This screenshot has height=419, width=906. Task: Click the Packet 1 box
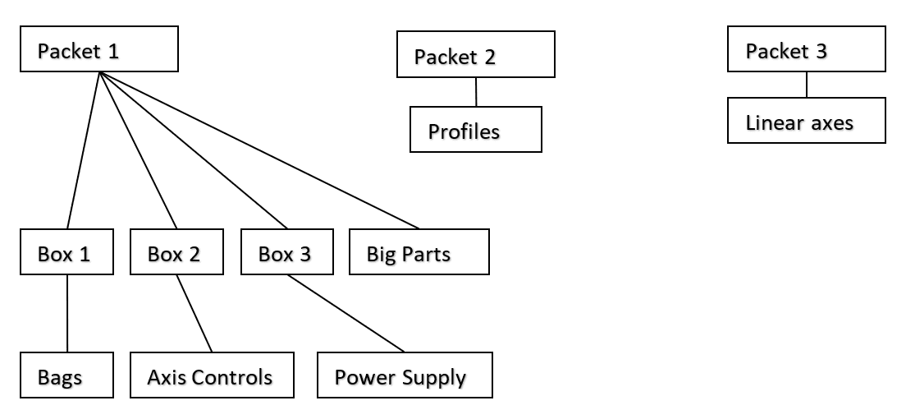pos(98,48)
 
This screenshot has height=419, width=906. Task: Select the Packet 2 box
pos(475,54)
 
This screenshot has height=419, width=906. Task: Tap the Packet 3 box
pos(806,48)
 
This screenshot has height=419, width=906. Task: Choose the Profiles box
pos(475,129)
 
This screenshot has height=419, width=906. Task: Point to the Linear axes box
pos(806,121)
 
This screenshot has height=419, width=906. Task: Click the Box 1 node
pos(66,251)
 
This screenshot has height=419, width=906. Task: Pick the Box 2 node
pos(176,251)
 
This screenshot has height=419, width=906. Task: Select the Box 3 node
pos(286,251)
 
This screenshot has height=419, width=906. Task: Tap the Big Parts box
pos(419,251)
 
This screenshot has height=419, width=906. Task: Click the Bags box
pos(66,375)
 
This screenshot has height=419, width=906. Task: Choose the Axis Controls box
pos(212,375)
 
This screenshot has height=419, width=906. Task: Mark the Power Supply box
pos(405,375)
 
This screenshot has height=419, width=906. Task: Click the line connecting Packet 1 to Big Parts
pos(259,150)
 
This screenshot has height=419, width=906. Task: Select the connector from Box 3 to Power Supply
pos(345,313)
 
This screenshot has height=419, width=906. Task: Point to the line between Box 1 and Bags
pos(67,313)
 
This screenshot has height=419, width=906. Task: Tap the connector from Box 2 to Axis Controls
pos(194,313)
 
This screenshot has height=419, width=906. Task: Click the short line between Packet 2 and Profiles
pos(476,91)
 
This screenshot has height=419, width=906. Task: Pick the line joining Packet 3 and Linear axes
pos(807,85)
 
